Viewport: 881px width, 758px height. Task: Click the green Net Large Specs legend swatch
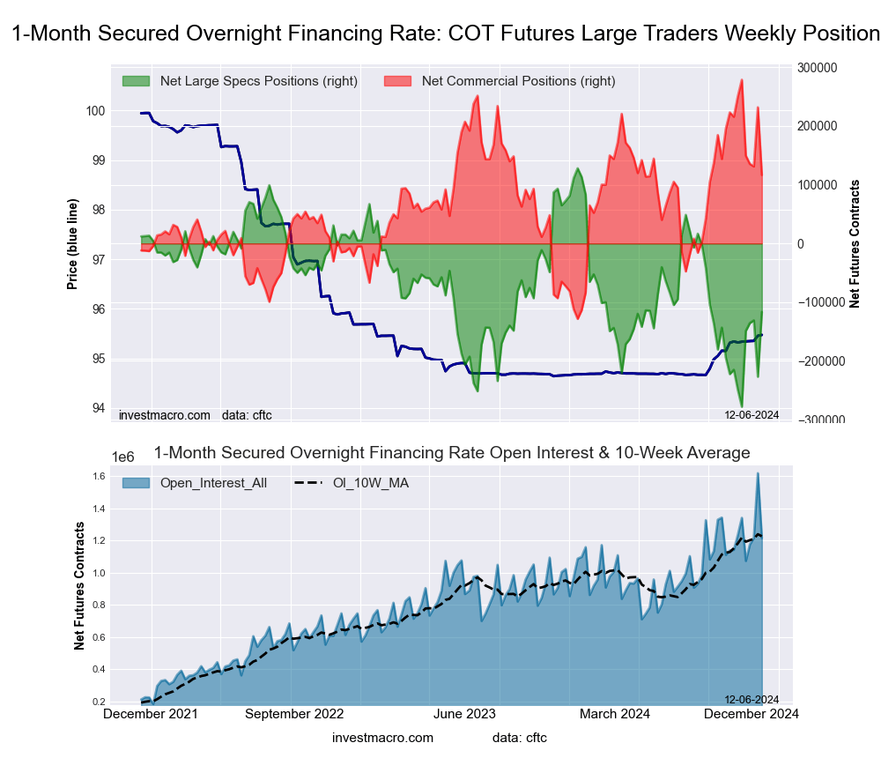[x=137, y=81]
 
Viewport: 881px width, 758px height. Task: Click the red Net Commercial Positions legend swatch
[x=398, y=81]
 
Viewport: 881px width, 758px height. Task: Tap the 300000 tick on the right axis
[x=816, y=67]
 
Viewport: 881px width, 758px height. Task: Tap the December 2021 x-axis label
[x=151, y=714]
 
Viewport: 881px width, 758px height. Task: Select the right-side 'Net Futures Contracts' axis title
[x=855, y=243]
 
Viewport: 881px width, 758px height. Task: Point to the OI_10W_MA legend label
[x=370, y=482]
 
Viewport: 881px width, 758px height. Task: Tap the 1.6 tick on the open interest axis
[x=99, y=477]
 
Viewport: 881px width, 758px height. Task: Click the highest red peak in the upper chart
[x=742, y=80]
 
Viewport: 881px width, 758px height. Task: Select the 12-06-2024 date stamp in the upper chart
[x=751, y=413]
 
